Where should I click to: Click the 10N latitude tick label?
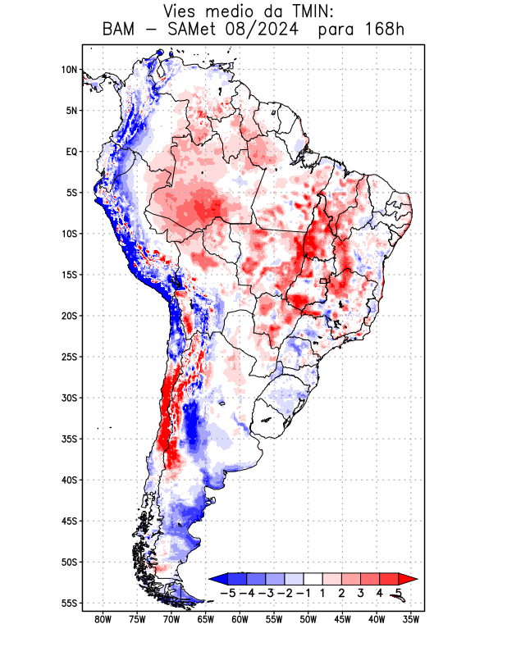pyautogui.click(x=68, y=70)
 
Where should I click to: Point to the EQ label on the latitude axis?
pyautogui.click(x=71, y=152)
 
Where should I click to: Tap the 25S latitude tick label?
pyautogui.click(x=68, y=357)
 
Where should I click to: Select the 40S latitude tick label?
pyautogui.click(x=68, y=480)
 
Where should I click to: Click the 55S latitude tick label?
pyautogui.click(x=68, y=603)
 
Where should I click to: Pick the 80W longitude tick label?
pyautogui.click(x=103, y=619)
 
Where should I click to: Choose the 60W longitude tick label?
pyautogui.click(x=240, y=619)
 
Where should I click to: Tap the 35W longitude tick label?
pyautogui.click(x=411, y=619)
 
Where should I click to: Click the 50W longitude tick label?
pyautogui.click(x=308, y=619)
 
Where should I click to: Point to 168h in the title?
pyautogui.click(x=386, y=30)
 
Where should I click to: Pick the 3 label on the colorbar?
pyautogui.click(x=361, y=593)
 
